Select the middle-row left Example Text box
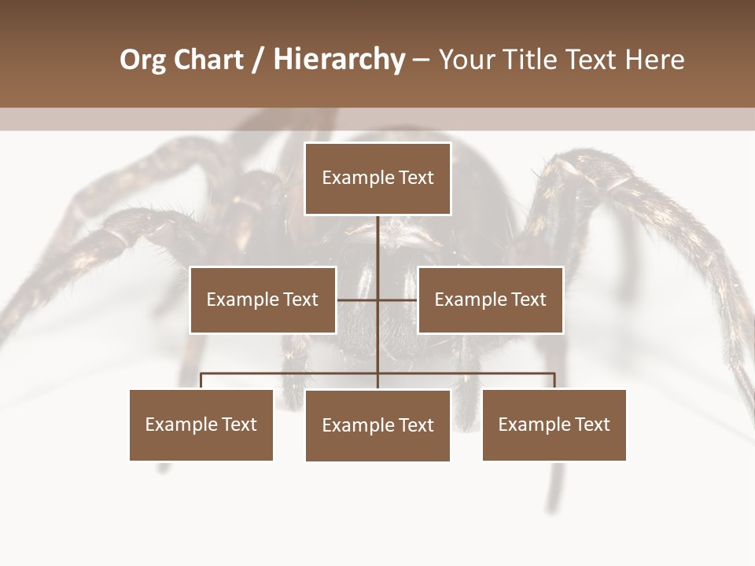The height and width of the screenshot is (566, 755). pyautogui.click(x=263, y=300)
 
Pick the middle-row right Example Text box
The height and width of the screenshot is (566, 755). pyautogui.click(x=490, y=300)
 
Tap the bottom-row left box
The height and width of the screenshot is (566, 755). pyautogui.click(x=201, y=424)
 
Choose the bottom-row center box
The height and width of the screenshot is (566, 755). pyautogui.click(x=377, y=425)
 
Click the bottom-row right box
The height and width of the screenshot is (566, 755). pyautogui.click(x=554, y=424)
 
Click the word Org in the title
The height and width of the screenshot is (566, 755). pyautogui.click(x=142, y=60)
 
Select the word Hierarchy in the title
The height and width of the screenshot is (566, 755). pyautogui.click(x=339, y=60)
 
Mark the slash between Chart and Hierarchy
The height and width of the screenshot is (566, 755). pyautogui.click(x=258, y=60)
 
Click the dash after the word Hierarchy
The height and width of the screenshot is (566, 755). pyautogui.click(x=421, y=61)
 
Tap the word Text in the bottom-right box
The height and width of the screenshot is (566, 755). pyautogui.click(x=591, y=424)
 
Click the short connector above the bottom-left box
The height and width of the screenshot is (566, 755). pyautogui.click(x=201, y=381)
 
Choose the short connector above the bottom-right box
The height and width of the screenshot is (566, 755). pyautogui.click(x=554, y=381)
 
